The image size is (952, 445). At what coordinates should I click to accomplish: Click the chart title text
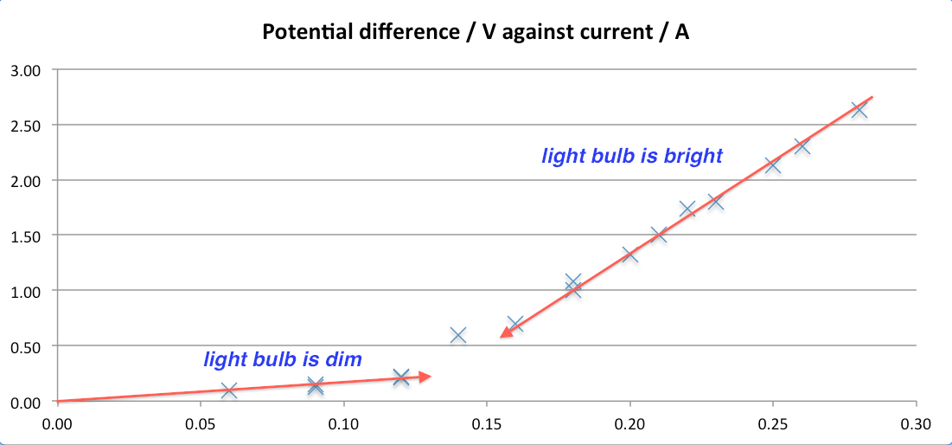[476, 34]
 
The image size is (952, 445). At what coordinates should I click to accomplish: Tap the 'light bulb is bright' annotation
[632, 157]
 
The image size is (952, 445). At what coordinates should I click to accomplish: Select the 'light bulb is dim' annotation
[283, 358]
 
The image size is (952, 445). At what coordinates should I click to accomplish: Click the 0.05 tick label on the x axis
[200, 423]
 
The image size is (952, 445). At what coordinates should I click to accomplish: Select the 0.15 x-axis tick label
[487, 423]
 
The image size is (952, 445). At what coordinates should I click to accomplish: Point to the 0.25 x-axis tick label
[773, 423]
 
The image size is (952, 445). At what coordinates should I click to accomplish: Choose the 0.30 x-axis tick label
[916, 423]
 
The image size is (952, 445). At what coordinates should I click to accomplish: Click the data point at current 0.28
[859, 110]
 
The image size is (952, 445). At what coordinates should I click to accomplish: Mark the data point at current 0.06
[228, 390]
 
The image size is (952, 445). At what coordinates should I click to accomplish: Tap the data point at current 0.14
[458, 335]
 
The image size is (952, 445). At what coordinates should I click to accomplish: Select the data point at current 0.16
[515, 325]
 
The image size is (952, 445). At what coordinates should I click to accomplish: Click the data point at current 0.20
[629, 255]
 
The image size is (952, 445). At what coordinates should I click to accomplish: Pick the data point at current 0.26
[802, 146]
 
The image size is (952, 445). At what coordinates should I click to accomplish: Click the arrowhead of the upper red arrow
[505, 335]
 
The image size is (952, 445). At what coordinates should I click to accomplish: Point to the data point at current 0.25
[773, 164]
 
